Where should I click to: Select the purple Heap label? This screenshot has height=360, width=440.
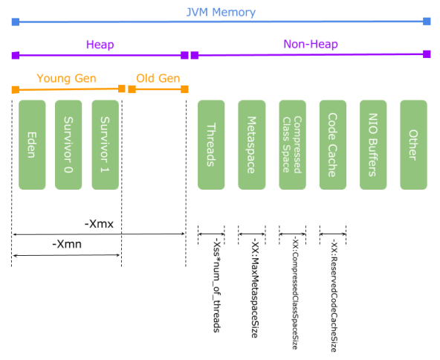[x=99, y=45]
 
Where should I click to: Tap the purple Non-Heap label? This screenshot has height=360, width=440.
[x=311, y=45]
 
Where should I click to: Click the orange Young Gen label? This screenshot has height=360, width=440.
[x=67, y=78]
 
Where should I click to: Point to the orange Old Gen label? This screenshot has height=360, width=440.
[x=158, y=78]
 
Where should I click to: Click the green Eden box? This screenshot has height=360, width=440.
[x=32, y=144]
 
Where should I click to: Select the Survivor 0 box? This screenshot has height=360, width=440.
[x=68, y=144]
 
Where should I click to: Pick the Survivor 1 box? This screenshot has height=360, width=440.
[x=106, y=144]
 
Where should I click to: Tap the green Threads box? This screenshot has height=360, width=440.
[x=211, y=144]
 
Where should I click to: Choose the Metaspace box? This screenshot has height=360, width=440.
[x=252, y=144]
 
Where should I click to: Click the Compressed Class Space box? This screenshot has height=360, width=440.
[x=292, y=144]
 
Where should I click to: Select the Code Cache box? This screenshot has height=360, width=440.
[x=332, y=144]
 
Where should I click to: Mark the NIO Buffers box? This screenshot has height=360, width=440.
[x=373, y=144]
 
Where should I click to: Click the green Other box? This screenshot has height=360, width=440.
[x=413, y=144]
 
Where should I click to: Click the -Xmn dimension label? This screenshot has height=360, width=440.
[x=66, y=245]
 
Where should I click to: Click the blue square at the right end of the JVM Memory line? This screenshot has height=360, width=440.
[x=427, y=22]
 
